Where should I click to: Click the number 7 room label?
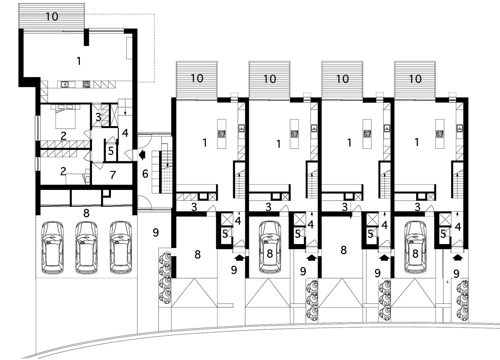[x=113, y=175]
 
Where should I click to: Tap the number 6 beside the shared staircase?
[x=145, y=174]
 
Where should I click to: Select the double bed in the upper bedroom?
[x=66, y=117]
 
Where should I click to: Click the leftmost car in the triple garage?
[x=53, y=248]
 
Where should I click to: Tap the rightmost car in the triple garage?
[x=121, y=248]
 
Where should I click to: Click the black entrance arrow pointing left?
[x=142, y=154]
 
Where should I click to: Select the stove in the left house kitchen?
[x=86, y=84]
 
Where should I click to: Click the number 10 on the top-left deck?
[x=52, y=16]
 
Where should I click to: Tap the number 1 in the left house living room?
[x=79, y=61]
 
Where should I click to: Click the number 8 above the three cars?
[x=86, y=213]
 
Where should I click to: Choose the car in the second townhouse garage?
[x=270, y=247]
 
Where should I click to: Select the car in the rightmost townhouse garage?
[x=415, y=247]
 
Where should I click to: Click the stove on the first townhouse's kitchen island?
[x=222, y=133]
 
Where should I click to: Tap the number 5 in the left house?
[x=111, y=151]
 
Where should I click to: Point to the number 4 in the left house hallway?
[x=125, y=133]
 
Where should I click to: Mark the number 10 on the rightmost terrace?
[x=415, y=79]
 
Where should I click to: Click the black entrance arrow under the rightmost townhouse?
[x=458, y=257]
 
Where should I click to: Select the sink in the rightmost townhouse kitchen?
[x=460, y=128]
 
